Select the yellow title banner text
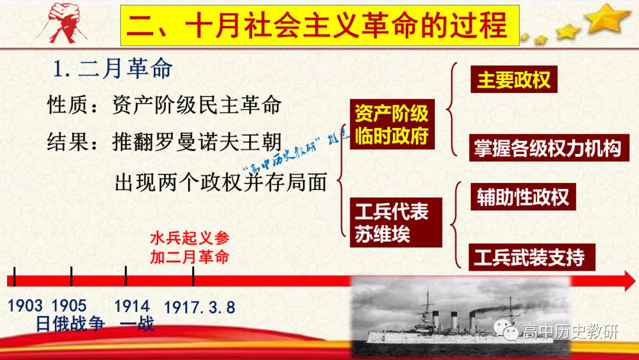[320, 25]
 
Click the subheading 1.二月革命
[113, 68]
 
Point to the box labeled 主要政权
[514, 79]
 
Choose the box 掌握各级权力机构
[549, 147]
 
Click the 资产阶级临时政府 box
[392, 124]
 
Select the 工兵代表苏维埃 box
[396, 223]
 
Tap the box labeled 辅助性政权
[523, 197]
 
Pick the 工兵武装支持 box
[532, 257]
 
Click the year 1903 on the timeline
[25, 306]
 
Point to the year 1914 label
[132, 306]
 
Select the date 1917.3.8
[200, 307]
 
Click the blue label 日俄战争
[70, 324]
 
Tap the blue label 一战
[137, 324]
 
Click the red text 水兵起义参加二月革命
[190, 247]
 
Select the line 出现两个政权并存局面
[221, 182]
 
